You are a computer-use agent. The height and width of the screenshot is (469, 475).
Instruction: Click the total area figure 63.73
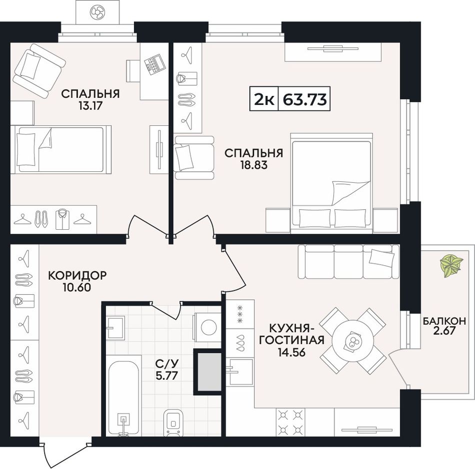(x=305, y=99)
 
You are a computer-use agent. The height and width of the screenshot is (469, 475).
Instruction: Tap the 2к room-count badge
(x=264, y=99)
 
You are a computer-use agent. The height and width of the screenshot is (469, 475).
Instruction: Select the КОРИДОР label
(x=77, y=275)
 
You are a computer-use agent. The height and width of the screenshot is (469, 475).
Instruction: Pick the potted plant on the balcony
(x=451, y=266)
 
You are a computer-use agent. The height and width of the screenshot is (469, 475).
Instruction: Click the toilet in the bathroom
(x=173, y=423)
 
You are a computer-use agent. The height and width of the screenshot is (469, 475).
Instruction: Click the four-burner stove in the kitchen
(x=290, y=422)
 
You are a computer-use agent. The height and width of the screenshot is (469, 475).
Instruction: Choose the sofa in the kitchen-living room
(x=348, y=261)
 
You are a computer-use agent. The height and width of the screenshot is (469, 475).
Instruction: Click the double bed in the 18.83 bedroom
(x=331, y=183)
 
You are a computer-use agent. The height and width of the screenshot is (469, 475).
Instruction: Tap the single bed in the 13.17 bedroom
(x=61, y=150)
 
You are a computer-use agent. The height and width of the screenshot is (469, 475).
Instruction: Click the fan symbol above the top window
(x=97, y=12)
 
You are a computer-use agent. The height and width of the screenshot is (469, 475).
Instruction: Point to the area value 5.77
(x=166, y=376)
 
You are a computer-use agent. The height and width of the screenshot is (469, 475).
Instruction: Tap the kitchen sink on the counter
(x=241, y=371)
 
